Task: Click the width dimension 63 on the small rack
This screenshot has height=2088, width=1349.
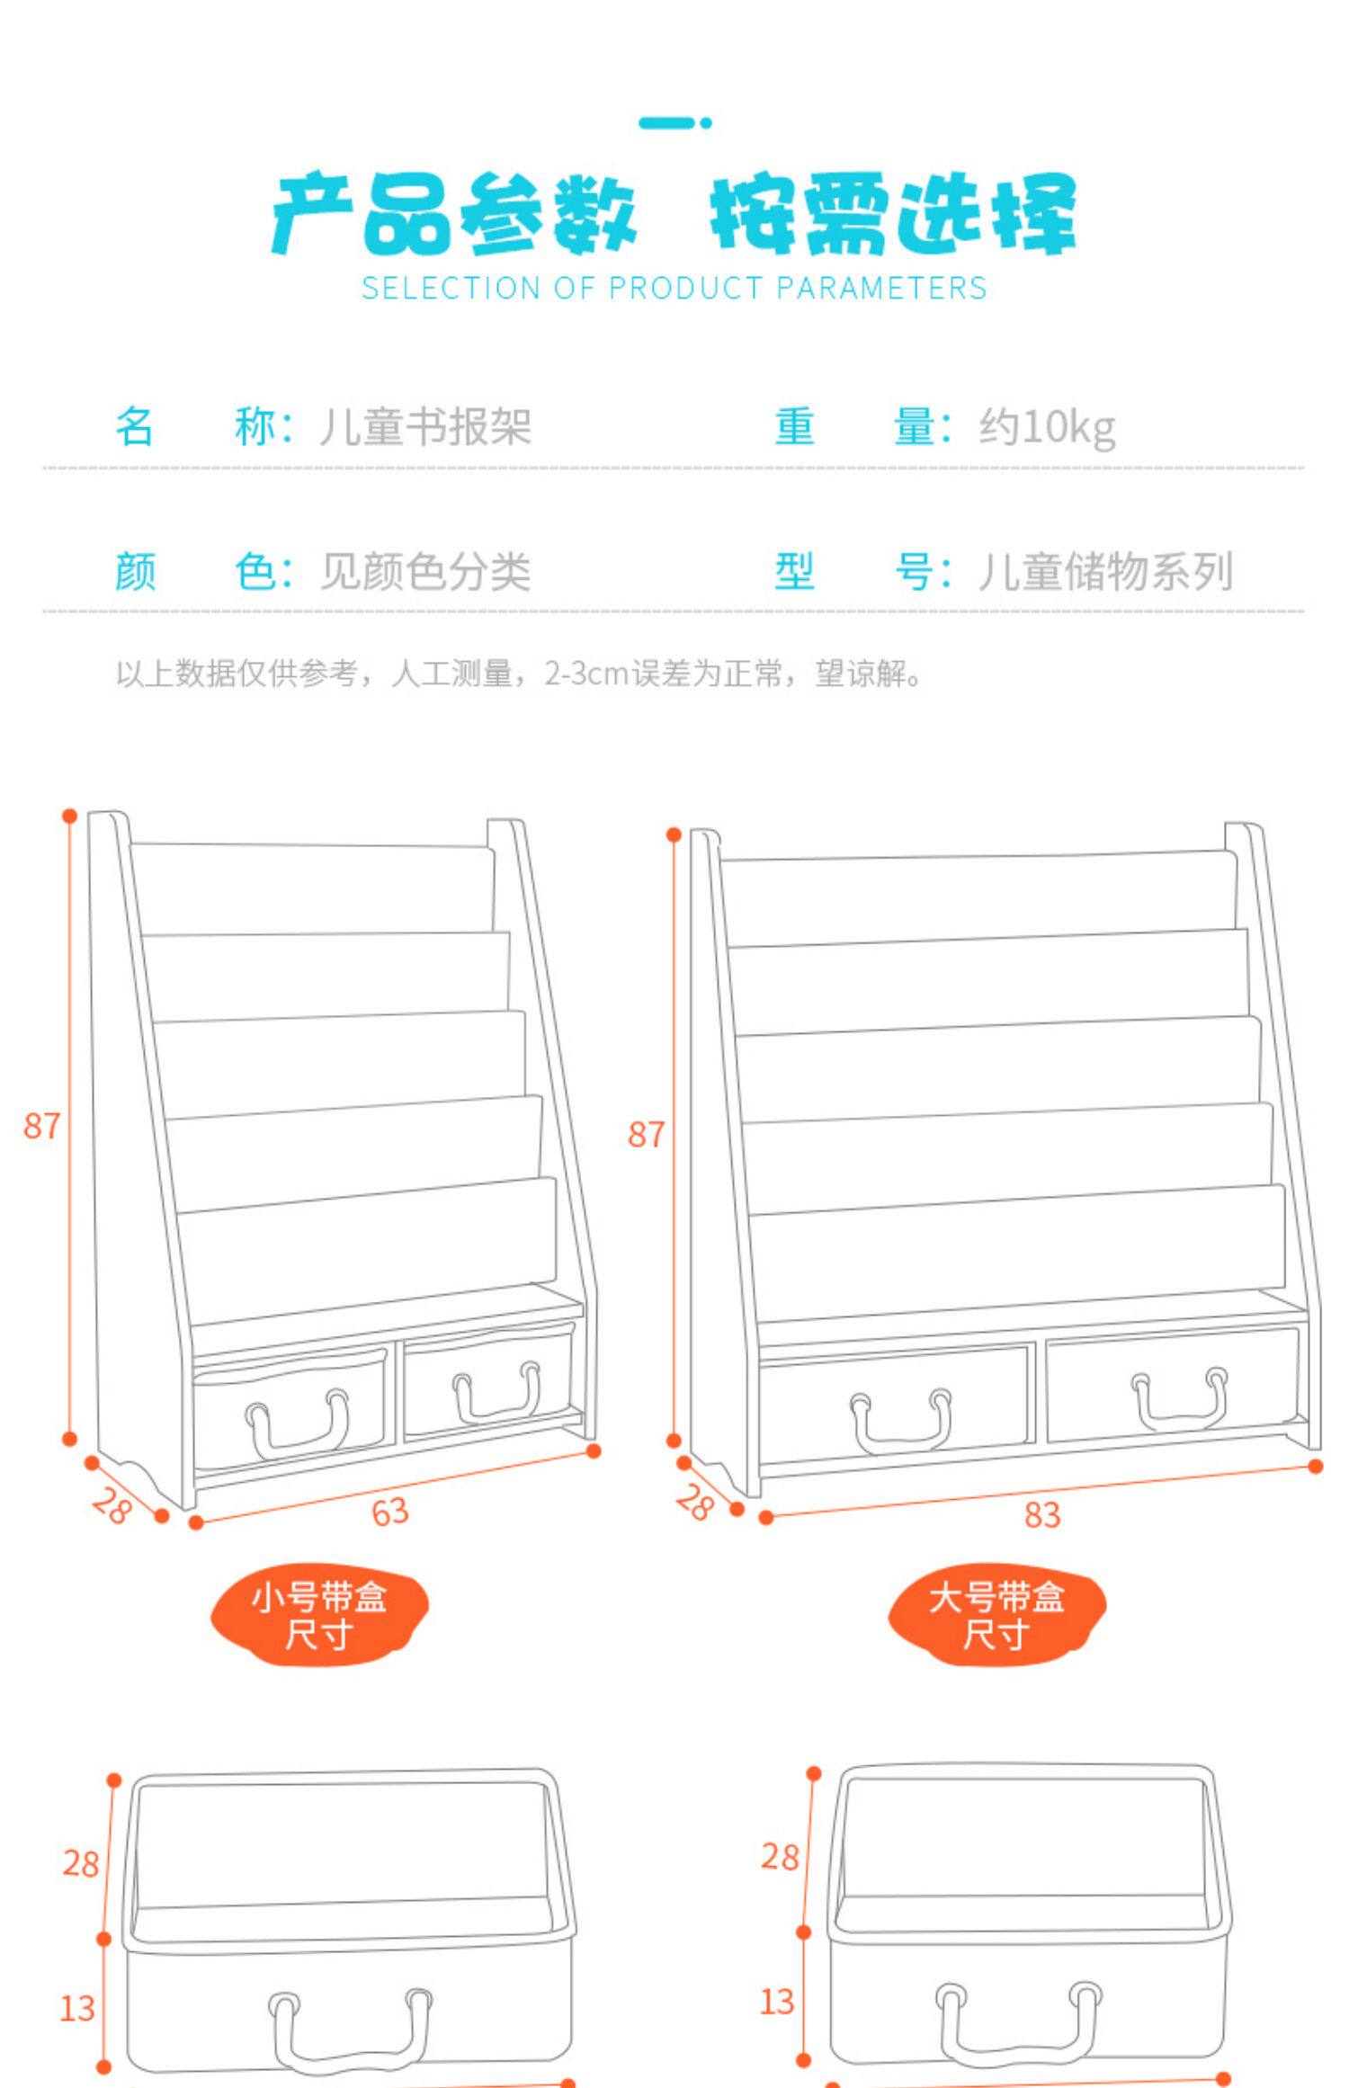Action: pyautogui.click(x=390, y=1512)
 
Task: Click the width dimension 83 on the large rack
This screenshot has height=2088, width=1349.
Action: pyautogui.click(x=1042, y=1515)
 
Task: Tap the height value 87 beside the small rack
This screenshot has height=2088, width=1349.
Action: pyautogui.click(x=41, y=1126)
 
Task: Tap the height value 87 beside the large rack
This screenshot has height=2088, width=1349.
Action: pyautogui.click(x=646, y=1135)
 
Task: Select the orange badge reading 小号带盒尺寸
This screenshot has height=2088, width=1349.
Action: pyautogui.click(x=319, y=1616)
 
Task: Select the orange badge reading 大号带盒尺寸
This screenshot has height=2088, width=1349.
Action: pyautogui.click(x=996, y=1616)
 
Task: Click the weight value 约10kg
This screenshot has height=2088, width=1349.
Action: pyautogui.click(x=1047, y=427)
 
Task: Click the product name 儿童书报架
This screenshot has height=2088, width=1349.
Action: pyautogui.click(x=424, y=427)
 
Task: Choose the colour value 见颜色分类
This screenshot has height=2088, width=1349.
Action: pyautogui.click(x=424, y=572)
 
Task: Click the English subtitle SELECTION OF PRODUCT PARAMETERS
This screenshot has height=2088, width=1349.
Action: pyautogui.click(x=674, y=289)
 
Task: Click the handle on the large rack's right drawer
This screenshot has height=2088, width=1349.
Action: pyautogui.click(x=1179, y=1402)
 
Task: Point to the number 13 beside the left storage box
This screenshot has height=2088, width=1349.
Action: pyautogui.click(x=77, y=2008)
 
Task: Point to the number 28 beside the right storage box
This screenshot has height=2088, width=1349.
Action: pyautogui.click(x=779, y=1856)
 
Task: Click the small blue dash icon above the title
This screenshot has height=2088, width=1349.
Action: pyautogui.click(x=674, y=122)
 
